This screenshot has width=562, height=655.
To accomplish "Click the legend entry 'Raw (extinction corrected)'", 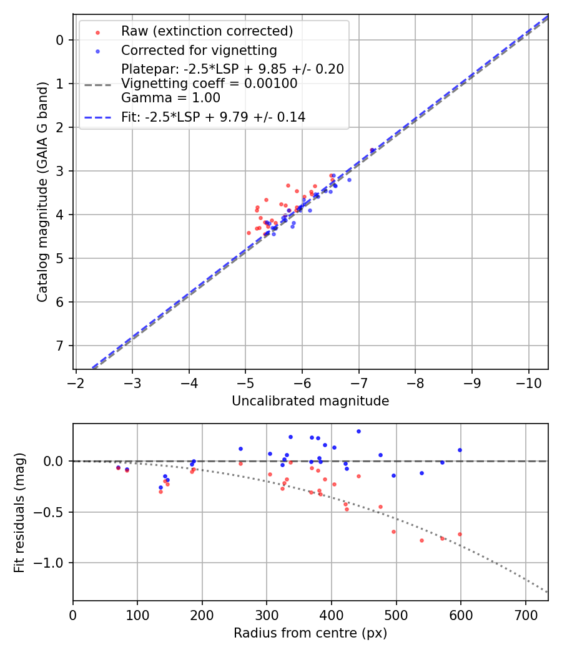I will click(x=207, y=31).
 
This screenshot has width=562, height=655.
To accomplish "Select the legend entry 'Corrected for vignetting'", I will click(x=199, y=50).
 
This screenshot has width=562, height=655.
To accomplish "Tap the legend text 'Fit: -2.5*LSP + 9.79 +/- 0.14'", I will click(x=213, y=117).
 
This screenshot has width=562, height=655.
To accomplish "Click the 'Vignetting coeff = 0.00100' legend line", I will click(x=209, y=83).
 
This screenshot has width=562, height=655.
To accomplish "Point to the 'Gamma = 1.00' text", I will click(x=170, y=97).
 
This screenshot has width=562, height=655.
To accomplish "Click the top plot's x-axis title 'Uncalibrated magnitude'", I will click(x=310, y=401).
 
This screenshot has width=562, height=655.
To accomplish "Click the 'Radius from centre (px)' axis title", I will click(x=310, y=633).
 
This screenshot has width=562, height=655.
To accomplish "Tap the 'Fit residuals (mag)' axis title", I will click(x=19, y=512).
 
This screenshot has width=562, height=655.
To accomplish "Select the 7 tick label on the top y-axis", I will click(x=61, y=346).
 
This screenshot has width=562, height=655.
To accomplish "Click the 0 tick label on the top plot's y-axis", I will click(x=61, y=40).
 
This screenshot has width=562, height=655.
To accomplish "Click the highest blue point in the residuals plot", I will click(x=358, y=431).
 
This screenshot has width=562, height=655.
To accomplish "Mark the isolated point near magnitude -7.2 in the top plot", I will click(x=372, y=150).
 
